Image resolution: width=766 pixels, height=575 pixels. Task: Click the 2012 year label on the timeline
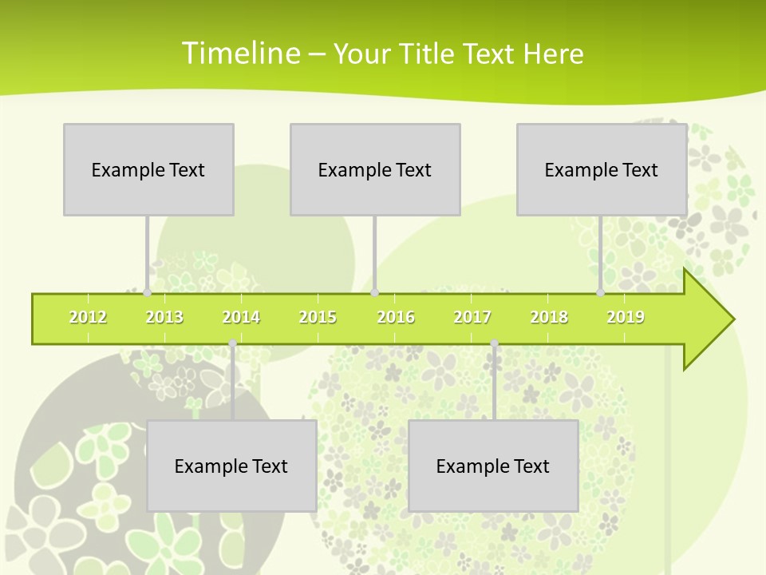tap(88, 317)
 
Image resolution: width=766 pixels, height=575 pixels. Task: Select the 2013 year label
tap(164, 317)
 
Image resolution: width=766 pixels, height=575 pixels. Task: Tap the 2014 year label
tap(241, 317)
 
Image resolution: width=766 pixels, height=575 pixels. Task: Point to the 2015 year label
tap(318, 317)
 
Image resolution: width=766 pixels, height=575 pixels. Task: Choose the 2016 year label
tap(396, 317)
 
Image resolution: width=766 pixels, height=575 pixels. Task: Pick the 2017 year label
tap(472, 317)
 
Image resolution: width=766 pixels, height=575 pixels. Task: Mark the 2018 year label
tap(549, 317)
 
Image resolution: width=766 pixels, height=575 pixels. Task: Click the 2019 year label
tap(626, 317)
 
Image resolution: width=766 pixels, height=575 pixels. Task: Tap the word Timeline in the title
tap(239, 54)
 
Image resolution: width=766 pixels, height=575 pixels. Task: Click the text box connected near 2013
tap(148, 169)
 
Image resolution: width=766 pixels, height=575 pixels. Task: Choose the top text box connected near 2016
tap(375, 169)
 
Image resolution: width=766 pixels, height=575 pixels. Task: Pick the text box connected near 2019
tap(602, 169)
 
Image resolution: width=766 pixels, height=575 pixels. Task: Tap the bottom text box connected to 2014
tap(231, 466)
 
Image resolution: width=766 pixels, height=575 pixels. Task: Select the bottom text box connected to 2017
tap(493, 466)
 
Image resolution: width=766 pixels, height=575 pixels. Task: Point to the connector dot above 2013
tap(148, 293)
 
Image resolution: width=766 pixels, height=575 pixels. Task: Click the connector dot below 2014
tap(232, 343)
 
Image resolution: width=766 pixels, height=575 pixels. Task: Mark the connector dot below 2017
tap(494, 343)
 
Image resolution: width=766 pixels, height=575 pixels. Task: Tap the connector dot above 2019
tap(601, 293)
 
